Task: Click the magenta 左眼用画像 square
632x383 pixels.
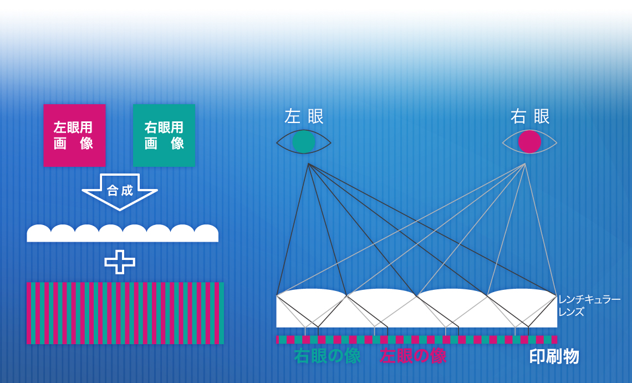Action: (75, 135)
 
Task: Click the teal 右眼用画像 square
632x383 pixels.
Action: (164, 135)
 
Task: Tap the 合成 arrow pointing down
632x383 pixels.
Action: (120, 192)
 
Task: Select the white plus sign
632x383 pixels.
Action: (120, 262)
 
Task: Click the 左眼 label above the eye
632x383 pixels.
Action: (304, 116)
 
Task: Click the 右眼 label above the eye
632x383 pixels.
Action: (530, 116)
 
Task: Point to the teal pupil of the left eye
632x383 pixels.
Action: (303, 142)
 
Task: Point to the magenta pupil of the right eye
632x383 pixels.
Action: (529, 142)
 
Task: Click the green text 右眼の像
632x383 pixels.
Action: (327, 356)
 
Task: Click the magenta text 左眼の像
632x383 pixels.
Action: (413, 356)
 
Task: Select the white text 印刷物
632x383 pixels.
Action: (554, 357)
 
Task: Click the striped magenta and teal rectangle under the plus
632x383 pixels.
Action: (125, 313)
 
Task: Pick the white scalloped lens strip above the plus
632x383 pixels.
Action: (123, 233)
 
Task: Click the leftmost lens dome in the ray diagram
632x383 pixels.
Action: (312, 308)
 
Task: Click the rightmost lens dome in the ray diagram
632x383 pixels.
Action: (522, 308)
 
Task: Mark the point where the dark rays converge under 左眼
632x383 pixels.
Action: (308, 164)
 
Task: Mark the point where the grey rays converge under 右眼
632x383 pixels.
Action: (525, 164)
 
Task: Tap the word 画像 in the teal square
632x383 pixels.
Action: (164, 144)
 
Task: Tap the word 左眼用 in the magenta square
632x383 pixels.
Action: (73, 127)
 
